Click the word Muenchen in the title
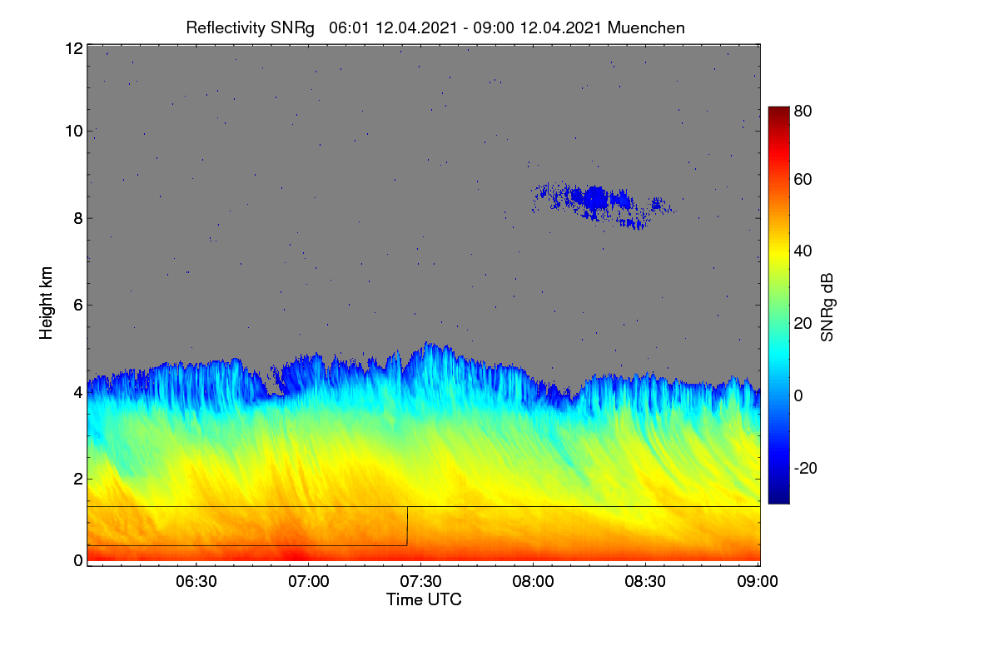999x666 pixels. [646, 27]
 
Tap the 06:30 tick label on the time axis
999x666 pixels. [196, 582]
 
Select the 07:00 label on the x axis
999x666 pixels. [309, 582]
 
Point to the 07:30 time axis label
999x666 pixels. [420, 582]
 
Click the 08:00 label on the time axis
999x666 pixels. [533, 582]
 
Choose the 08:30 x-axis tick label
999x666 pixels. [645, 582]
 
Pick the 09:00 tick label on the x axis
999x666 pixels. [758, 582]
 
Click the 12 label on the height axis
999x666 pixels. [74, 48]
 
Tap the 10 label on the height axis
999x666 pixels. [74, 132]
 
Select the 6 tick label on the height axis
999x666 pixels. [78, 306]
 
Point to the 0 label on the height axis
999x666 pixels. [78, 561]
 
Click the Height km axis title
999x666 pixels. [46, 303]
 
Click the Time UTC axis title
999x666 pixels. [424, 599]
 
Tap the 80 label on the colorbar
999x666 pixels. [803, 111]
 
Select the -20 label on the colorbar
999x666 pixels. [806, 468]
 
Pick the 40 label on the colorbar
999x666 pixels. [803, 251]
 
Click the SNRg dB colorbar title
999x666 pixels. [827, 308]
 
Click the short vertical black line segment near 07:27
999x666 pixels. [407, 526]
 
